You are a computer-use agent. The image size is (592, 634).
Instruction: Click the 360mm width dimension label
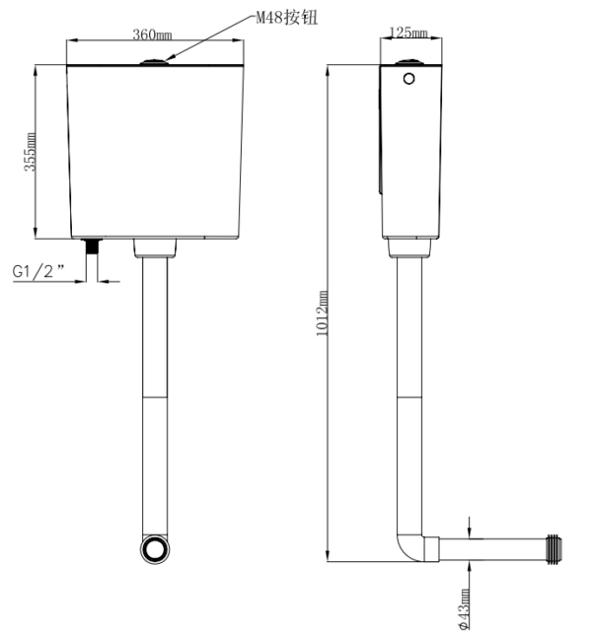152,35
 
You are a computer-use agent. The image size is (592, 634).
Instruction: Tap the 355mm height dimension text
30,152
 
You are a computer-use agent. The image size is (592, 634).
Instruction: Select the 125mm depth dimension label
408,33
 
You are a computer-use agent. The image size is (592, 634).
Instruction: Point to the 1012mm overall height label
322,313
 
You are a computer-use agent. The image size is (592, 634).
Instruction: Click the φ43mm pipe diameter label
465,609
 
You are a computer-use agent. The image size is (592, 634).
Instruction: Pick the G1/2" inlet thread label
38,271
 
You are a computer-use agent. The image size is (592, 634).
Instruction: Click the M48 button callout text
287,18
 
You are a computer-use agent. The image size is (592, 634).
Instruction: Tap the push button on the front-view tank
154,62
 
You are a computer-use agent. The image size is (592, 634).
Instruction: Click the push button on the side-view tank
410,62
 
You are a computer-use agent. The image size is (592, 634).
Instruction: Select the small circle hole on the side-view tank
409,79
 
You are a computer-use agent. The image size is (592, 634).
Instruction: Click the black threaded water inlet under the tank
94,247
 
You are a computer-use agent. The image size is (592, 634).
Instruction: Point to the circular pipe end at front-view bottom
155,549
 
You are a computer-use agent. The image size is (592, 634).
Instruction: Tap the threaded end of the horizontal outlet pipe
555,548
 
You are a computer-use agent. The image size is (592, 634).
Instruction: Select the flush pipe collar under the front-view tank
155,247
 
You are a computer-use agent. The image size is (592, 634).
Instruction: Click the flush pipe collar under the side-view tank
409,247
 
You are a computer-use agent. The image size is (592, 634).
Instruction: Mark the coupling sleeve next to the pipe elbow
431,549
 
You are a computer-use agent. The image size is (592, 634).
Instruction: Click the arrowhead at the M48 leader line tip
170,58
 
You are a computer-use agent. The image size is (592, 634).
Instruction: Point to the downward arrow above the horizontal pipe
469,528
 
